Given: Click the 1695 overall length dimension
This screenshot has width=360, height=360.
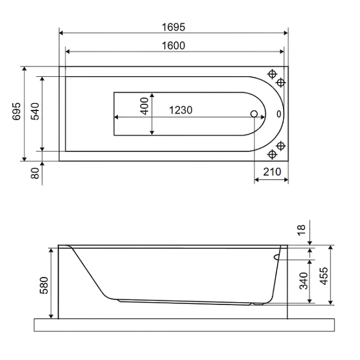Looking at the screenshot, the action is click(x=173, y=27).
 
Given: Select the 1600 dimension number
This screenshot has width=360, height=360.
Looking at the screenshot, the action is click(x=173, y=46).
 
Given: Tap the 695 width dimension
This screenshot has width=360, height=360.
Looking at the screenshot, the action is click(x=16, y=111).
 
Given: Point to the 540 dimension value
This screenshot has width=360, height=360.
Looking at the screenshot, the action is click(x=35, y=111).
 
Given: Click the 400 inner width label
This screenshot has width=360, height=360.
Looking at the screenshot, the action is click(x=145, y=106).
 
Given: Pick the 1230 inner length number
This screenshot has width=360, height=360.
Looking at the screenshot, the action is click(x=181, y=110).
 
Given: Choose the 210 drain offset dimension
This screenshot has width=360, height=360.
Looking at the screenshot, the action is click(x=272, y=171).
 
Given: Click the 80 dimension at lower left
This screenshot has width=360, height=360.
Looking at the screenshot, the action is click(x=35, y=173).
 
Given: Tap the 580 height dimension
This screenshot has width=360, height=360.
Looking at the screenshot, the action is click(x=44, y=286).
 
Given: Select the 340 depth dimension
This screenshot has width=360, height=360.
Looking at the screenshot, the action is click(x=303, y=281).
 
